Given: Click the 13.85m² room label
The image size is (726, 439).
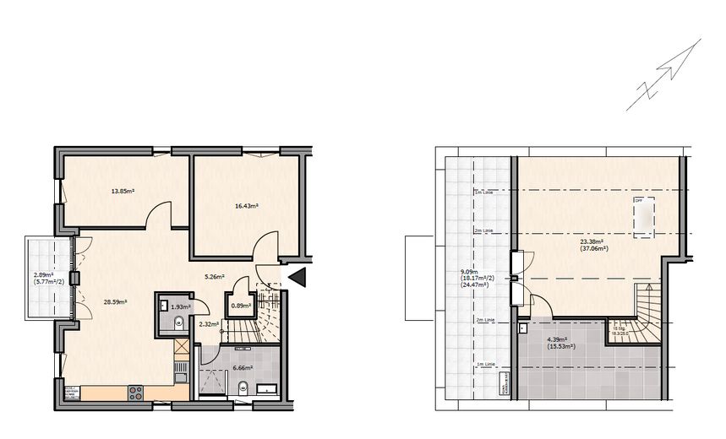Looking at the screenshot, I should click(x=123, y=192).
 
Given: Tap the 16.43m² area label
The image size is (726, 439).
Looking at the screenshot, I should click(x=246, y=205).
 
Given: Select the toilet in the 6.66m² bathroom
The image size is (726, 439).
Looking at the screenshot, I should click(x=243, y=389).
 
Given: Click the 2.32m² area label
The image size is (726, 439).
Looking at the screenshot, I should click(x=208, y=323).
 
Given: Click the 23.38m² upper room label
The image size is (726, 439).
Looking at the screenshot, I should click(x=591, y=245).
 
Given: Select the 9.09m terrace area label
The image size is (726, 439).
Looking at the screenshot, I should click(x=471, y=278).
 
